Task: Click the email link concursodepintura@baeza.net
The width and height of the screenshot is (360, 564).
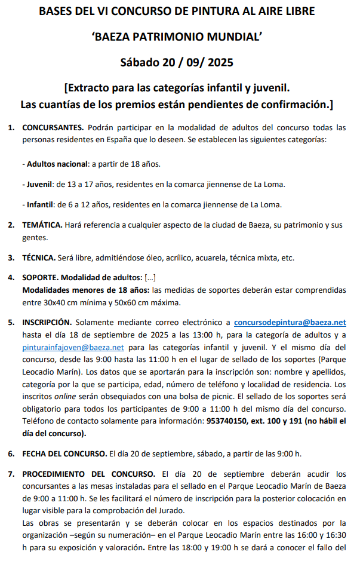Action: (290, 323)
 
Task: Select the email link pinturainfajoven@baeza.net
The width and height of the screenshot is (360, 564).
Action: (73, 347)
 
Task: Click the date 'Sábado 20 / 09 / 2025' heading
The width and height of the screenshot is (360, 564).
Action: (177, 62)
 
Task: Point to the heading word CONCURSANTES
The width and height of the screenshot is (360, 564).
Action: (53, 128)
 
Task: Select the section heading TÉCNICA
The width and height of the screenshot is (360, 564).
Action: (39, 258)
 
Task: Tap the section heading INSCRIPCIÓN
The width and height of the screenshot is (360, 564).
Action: (47, 323)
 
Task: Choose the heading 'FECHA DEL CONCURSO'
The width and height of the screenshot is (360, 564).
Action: (64, 453)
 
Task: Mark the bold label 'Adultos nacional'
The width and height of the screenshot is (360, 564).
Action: (57, 164)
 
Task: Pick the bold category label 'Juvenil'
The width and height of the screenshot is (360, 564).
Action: (39, 184)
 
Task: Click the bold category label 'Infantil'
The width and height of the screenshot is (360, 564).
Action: (40, 204)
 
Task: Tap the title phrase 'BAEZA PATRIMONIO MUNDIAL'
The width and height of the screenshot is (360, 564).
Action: (177, 37)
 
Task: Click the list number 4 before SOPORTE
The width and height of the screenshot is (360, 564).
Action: (11, 278)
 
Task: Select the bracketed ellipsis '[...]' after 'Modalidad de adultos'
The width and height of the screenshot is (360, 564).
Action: (150, 278)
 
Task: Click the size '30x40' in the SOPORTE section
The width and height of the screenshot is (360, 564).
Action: (45, 302)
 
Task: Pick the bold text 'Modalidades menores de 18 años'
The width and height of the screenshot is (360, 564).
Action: (85, 290)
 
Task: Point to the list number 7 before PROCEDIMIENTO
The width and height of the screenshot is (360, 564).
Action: (11, 474)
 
